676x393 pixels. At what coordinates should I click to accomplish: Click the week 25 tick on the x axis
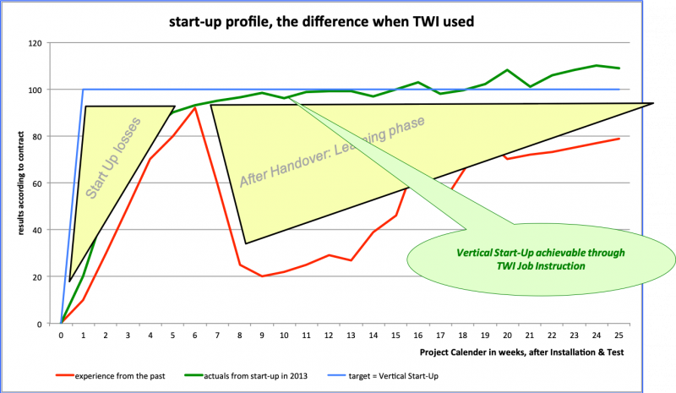coord(619,335)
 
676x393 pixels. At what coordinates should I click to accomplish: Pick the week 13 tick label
coord(351,335)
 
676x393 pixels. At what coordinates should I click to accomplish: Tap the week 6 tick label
coord(195,335)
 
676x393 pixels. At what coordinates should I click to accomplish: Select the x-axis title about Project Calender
coord(521,350)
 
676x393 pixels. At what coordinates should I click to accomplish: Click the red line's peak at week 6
coord(195,108)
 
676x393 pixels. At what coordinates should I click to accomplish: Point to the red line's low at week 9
coord(262,276)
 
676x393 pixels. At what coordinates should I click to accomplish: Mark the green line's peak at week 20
coord(507,70)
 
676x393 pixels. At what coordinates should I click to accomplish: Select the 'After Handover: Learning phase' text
coord(331,151)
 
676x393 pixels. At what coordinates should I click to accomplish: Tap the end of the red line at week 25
coord(619,139)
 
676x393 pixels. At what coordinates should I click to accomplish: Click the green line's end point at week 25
coord(619,68)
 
